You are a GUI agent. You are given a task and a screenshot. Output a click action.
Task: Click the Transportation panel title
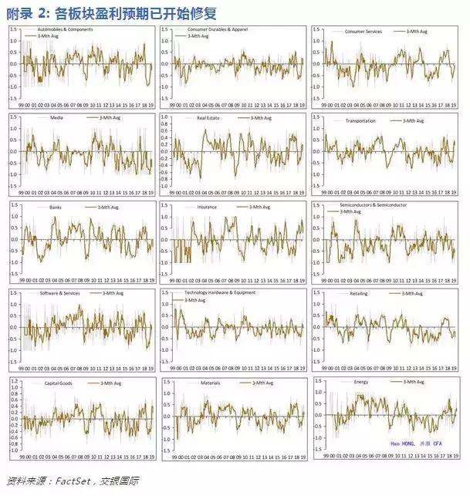click(358, 119)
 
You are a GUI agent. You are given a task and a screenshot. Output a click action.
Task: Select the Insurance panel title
click(207, 206)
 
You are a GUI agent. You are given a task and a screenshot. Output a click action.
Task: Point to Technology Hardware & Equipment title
click(220, 293)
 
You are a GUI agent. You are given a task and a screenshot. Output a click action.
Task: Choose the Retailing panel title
click(359, 294)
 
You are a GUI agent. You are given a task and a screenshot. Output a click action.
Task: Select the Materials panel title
click(210, 382)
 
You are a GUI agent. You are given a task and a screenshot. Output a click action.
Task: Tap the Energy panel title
click(360, 382)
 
